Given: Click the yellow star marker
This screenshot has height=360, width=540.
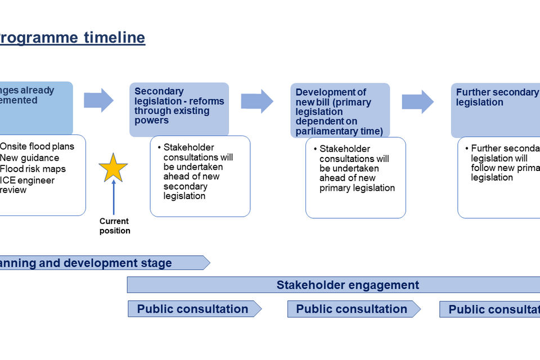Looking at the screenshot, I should (113, 167).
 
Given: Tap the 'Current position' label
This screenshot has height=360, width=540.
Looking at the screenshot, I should (115, 226).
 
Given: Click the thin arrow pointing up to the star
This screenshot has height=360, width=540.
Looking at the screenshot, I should (114, 197).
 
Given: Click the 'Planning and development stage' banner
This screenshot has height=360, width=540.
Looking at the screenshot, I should (101, 263).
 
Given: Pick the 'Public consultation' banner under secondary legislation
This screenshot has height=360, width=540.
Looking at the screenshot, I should (193, 309).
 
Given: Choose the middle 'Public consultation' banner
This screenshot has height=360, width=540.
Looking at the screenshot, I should (352, 309).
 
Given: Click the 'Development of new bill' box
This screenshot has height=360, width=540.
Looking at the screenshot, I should (340, 111).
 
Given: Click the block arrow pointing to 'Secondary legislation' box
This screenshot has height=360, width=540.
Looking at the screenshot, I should (98, 101).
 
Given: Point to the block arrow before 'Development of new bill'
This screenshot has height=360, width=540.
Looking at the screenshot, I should (256, 101).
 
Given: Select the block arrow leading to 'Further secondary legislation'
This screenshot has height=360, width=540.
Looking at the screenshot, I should (417, 102).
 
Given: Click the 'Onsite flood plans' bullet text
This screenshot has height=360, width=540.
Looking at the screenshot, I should (37, 146).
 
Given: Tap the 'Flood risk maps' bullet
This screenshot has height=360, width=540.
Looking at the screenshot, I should (33, 169).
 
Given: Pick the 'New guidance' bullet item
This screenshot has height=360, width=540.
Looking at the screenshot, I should (29, 157).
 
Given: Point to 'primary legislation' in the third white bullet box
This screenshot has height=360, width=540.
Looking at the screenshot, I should (357, 188).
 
